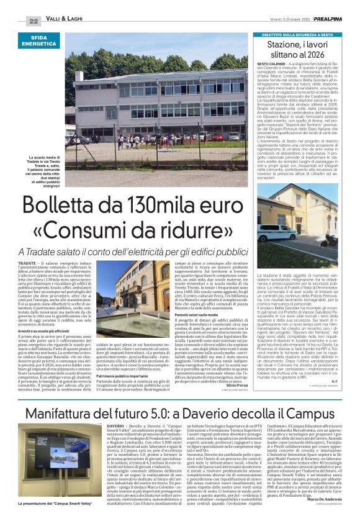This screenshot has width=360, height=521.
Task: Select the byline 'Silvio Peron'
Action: coord(235,369)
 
